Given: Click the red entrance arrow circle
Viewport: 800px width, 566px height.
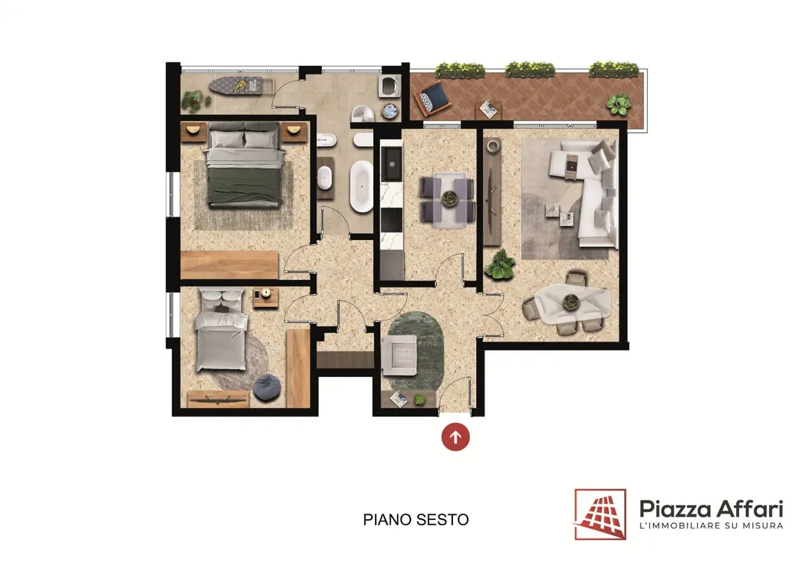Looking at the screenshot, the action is pyautogui.click(x=455, y=437).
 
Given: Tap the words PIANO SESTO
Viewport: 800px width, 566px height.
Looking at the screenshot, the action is pyautogui.click(x=416, y=520).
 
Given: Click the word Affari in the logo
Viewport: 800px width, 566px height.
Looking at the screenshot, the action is pyautogui.click(x=749, y=509).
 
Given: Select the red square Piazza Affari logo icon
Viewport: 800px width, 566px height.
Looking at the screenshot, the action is pyautogui.click(x=600, y=514).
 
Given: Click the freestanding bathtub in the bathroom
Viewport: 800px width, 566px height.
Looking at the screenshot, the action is pyautogui.click(x=361, y=186).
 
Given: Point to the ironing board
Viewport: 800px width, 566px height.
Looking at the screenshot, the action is pyautogui.click(x=236, y=85).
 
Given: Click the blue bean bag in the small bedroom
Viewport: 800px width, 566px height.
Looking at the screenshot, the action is pyautogui.click(x=266, y=386).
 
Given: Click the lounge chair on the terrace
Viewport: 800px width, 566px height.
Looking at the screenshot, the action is pyautogui.click(x=432, y=99).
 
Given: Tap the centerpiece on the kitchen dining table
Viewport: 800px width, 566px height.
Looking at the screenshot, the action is pyautogui.click(x=449, y=198).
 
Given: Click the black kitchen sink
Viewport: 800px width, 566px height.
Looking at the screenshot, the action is pyautogui.click(x=392, y=163).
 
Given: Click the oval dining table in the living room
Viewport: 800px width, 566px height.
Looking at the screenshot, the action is pyautogui.click(x=571, y=304).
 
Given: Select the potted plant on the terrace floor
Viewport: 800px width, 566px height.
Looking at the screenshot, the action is pyautogui.click(x=619, y=105).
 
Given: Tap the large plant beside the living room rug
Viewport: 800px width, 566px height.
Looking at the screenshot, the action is pyautogui.click(x=500, y=265).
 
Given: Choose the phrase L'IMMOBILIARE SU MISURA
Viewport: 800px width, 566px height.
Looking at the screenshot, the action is pyautogui.click(x=711, y=525).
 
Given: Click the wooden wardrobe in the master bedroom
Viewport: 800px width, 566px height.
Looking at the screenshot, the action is pyautogui.click(x=230, y=265).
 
